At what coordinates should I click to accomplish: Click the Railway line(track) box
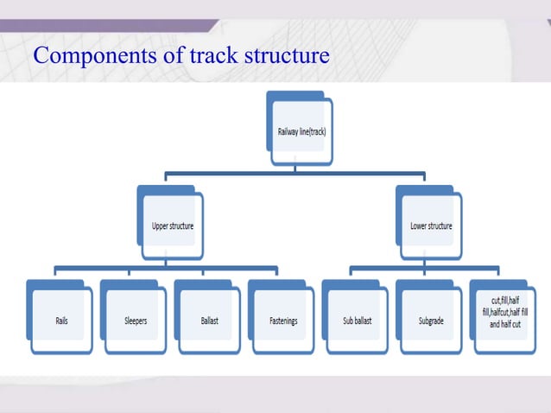pos(300,131)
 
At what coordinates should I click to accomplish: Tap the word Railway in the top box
pos(288,132)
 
